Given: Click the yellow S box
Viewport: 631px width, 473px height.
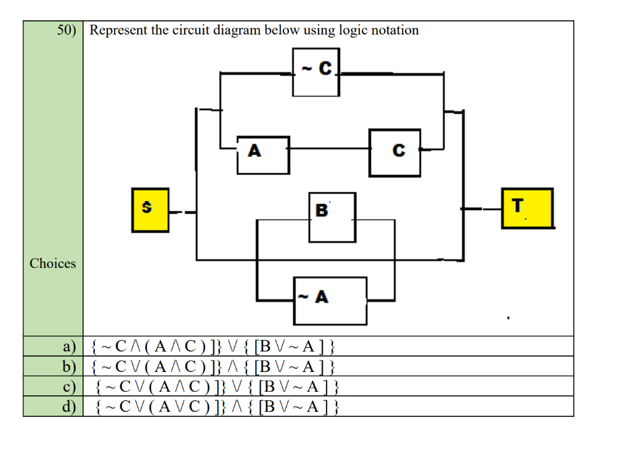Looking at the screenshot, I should point(150,210).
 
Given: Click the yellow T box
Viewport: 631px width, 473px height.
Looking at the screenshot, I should point(527,208).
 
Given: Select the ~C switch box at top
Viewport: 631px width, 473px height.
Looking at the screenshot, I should point(315,73).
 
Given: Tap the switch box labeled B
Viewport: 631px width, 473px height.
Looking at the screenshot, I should point(332,217).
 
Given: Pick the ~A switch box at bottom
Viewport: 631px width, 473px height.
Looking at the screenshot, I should point(330,301).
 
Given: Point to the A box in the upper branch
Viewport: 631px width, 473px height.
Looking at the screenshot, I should point(263,155).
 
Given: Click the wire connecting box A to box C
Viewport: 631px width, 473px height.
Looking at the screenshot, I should point(329,148).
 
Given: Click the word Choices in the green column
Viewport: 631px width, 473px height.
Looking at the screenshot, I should point(53,264).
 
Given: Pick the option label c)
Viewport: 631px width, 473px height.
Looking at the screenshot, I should point(69,387).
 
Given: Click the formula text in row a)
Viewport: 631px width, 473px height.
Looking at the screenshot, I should point(213,347).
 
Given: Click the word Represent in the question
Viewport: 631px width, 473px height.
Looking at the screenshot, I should point(118,30).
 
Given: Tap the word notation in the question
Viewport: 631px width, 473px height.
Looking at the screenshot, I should point(394,30).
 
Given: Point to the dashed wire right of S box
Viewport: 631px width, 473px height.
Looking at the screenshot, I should point(182,213).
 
